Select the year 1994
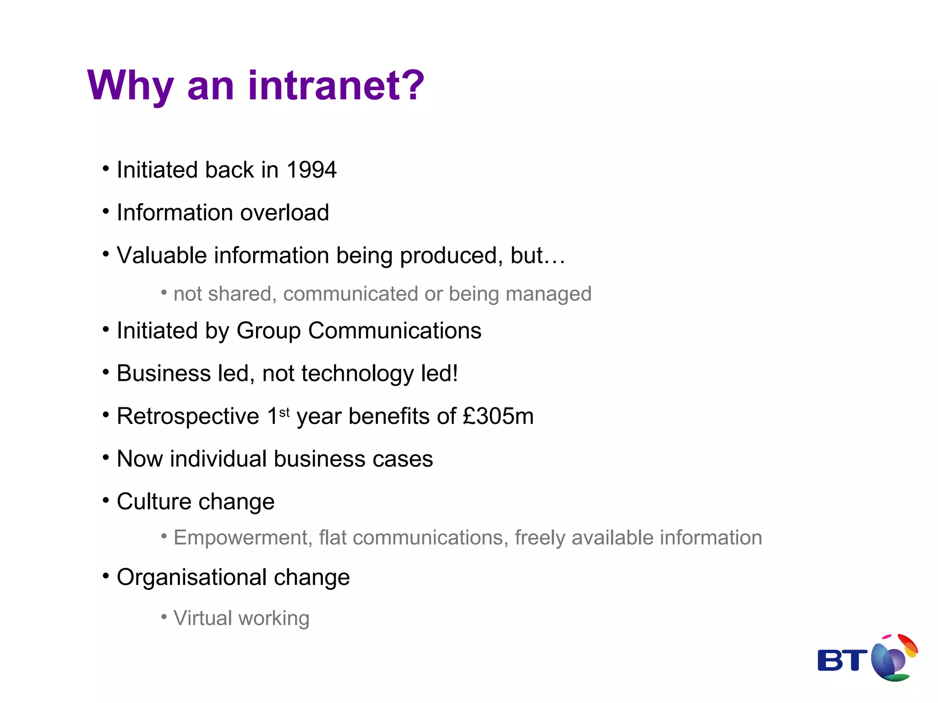(x=311, y=170)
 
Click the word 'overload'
(x=284, y=213)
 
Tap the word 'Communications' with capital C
(x=394, y=330)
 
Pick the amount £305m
(x=498, y=416)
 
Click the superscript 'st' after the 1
(x=284, y=412)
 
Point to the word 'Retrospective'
(x=188, y=416)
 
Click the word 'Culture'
(x=154, y=502)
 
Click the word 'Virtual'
(x=203, y=618)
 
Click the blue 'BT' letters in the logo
(x=842, y=660)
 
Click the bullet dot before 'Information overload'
(x=106, y=211)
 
